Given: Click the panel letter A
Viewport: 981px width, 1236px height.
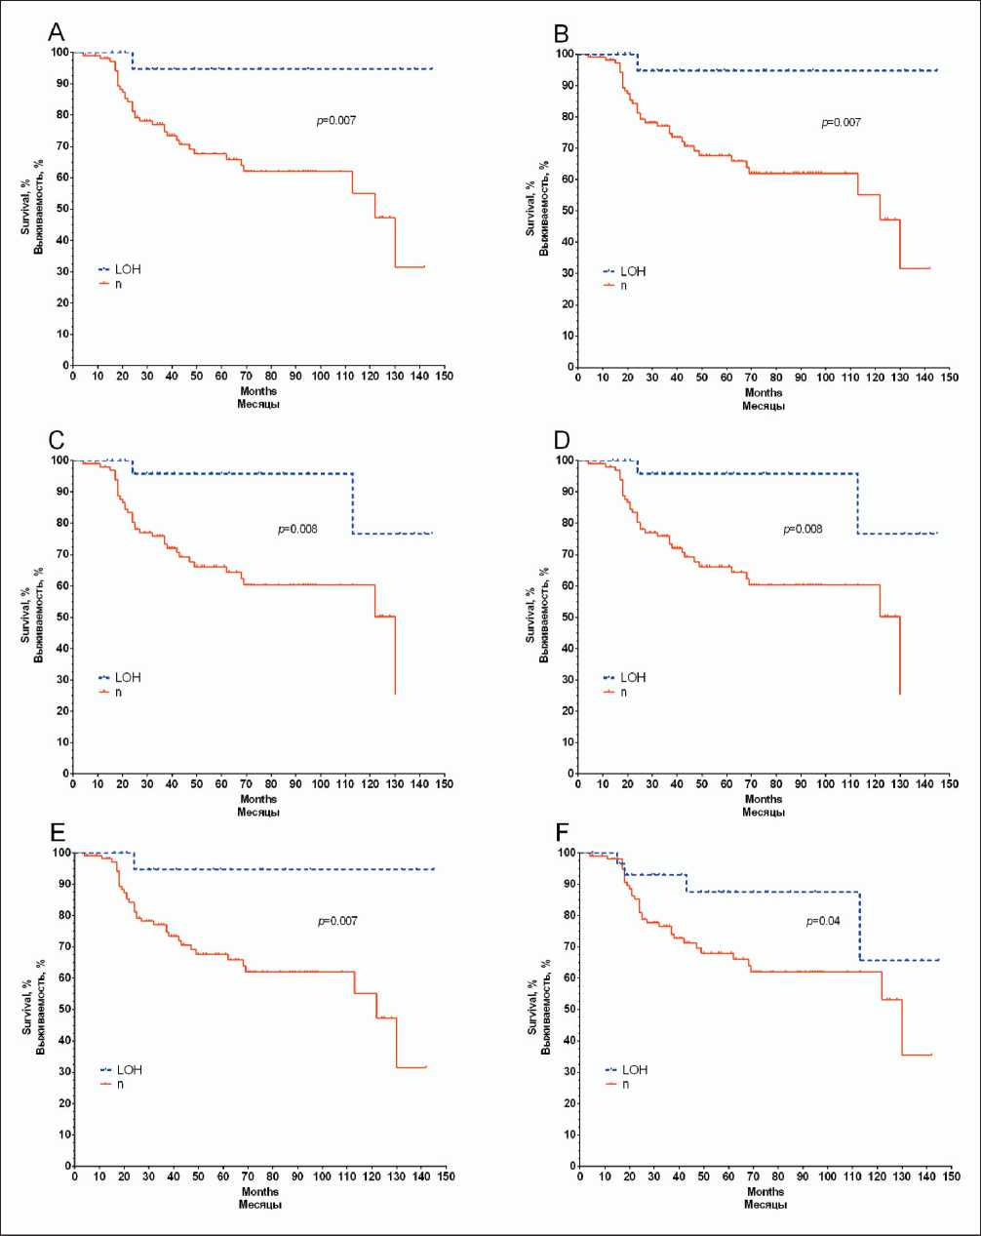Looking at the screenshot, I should [x=57, y=32].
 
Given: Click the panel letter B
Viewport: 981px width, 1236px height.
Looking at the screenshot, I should [x=562, y=33].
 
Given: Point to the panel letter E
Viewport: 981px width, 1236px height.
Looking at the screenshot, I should [x=57, y=831].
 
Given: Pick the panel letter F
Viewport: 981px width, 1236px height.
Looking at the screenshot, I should [x=562, y=831].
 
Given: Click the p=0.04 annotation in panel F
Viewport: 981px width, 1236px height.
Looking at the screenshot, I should [x=823, y=921].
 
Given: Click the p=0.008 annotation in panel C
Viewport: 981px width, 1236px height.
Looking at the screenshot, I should [x=297, y=530].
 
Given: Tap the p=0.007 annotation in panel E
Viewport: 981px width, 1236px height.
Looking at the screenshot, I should [x=337, y=921].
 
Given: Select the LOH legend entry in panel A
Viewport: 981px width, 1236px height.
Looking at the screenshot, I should [x=127, y=269].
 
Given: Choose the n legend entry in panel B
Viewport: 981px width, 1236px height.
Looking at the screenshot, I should [x=624, y=286].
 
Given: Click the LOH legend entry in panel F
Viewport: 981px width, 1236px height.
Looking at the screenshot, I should [x=634, y=1070].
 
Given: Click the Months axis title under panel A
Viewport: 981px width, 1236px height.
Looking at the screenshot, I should [x=258, y=392].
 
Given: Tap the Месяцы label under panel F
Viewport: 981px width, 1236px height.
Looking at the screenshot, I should [x=765, y=1205].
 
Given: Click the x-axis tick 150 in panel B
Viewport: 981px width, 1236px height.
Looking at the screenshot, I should [x=950, y=378].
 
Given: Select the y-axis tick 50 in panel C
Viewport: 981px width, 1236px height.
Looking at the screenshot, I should [x=62, y=617].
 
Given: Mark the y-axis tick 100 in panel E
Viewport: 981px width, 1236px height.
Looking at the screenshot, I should [x=60, y=853].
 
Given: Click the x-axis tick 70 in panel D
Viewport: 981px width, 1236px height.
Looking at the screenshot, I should [x=751, y=783].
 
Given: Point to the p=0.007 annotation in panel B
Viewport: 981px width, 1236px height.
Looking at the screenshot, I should [x=841, y=123].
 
